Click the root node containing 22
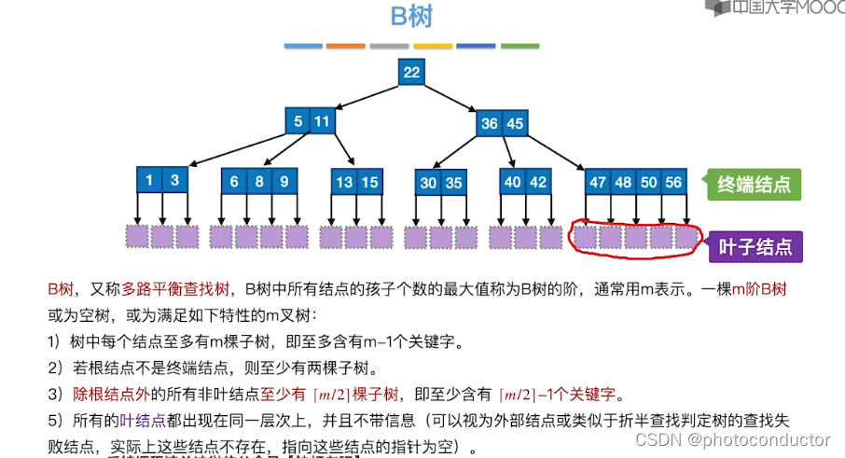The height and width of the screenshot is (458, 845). (411, 73)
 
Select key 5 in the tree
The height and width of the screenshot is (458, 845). (298, 122)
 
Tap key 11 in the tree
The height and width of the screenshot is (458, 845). (322, 122)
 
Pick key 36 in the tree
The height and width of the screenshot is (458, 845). (490, 124)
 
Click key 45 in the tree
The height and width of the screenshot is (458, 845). (515, 124)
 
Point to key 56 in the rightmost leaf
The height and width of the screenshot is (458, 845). (673, 183)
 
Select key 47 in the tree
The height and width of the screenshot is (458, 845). (598, 183)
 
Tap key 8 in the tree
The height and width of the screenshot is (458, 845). (259, 183)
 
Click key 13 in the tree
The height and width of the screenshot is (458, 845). (345, 183)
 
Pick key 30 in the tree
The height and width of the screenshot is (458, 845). (428, 184)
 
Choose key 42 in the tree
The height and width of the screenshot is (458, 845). (538, 183)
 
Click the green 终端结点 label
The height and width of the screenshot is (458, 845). (753, 184)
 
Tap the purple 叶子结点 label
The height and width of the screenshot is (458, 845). (756, 247)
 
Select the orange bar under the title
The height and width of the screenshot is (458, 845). (346, 46)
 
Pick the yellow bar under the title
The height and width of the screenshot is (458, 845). (433, 46)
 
